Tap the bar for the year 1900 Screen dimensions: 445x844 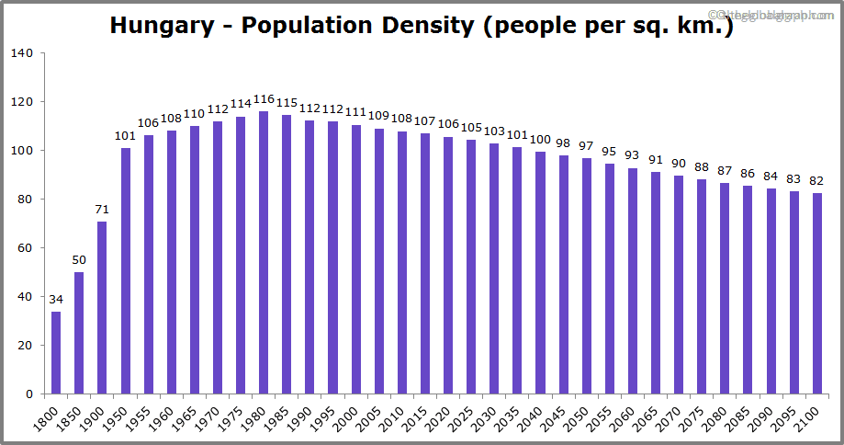[x=102, y=308]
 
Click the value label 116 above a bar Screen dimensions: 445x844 [x=264, y=99]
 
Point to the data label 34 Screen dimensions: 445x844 [x=56, y=299]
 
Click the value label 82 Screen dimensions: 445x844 [x=816, y=180]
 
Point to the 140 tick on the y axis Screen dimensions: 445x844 [x=23, y=53]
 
